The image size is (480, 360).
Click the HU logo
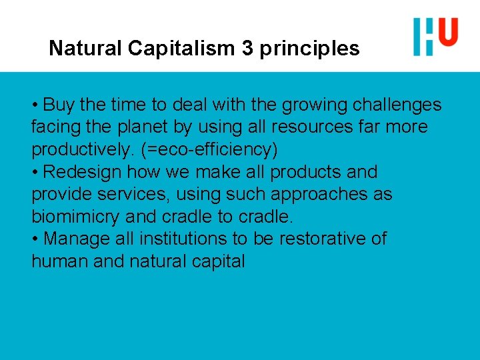tap(435, 36)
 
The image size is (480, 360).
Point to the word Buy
tap(58, 105)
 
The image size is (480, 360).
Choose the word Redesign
tap(83, 172)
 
